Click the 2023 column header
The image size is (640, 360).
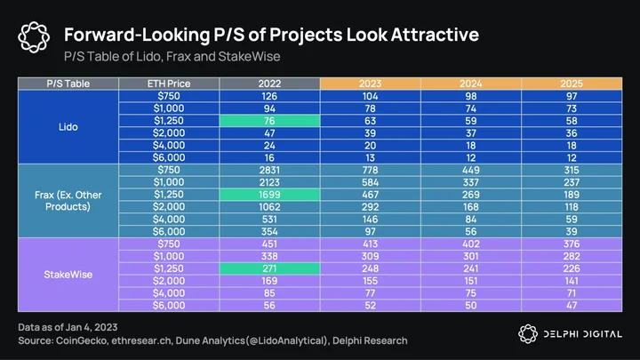click(x=370, y=84)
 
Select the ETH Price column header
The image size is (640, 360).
click(x=169, y=84)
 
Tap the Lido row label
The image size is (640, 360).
click(x=68, y=127)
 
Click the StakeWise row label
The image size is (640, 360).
click(x=68, y=275)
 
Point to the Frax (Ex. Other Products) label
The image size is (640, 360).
click(x=68, y=201)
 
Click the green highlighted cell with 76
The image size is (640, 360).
click(x=269, y=121)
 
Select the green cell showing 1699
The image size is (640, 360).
click(x=269, y=195)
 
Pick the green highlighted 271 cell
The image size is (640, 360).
click(x=269, y=268)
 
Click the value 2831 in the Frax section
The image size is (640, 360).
click(x=269, y=170)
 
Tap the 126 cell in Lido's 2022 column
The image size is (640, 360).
click(x=269, y=96)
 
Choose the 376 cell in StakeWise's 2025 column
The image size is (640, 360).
click(x=572, y=244)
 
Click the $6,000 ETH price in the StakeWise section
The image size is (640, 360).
click(x=169, y=306)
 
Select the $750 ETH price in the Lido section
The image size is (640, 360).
click(x=169, y=96)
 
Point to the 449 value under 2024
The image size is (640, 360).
click(x=470, y=170)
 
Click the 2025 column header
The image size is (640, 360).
click(x=572, y=84)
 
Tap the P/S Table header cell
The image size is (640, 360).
click(x=68, y=84)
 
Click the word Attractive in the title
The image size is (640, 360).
click(x=435, y=35)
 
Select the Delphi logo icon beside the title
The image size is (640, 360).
click(x=34, y=37)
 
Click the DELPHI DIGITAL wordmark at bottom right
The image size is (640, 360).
click(x=583, y=334)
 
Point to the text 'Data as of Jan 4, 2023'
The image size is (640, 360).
click(x=68, y=327)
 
